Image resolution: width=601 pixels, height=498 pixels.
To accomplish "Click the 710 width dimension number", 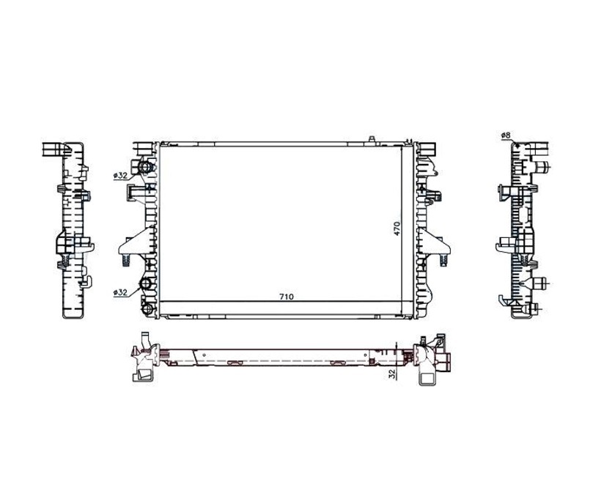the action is [x=287, y=297].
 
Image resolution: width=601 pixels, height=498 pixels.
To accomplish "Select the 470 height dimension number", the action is [x=397, y=228].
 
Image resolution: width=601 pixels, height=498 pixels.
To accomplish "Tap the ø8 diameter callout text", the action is [x=506, y=135].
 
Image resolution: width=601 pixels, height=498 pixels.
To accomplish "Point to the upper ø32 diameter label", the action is [x=120, y=176].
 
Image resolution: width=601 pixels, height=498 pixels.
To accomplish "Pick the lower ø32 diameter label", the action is [x=120, y=292].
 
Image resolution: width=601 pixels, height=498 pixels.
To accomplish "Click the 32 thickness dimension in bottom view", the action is [x=391, y=374].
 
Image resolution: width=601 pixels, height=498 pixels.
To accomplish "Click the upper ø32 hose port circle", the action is [x=146, y=167].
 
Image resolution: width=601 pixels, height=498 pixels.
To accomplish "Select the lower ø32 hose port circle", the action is [x=146, y=284].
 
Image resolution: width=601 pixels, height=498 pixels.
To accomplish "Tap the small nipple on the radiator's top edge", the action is [x=371, y=139].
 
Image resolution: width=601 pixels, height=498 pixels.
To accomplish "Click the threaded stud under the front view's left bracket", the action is [x=126, y=260].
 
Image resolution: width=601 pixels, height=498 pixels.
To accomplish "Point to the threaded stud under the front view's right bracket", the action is [x=444, y=259].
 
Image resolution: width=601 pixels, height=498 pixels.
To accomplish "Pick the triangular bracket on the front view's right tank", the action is [x=434, y=241].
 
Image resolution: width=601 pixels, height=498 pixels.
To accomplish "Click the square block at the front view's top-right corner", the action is [x=428, y=149].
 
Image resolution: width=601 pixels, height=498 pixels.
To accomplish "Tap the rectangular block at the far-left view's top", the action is [x=54, y=149].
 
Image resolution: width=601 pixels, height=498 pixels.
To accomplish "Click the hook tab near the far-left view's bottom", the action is [x=86, y=281].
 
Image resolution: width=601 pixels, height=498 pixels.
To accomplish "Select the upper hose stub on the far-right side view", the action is [x=542, y=167].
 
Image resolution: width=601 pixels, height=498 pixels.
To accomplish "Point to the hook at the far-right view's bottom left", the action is [x=505, y=300].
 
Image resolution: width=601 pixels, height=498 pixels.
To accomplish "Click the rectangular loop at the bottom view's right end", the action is [x=427, y=377].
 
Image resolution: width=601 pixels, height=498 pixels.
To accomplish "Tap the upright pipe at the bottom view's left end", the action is [x=145, y=340].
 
